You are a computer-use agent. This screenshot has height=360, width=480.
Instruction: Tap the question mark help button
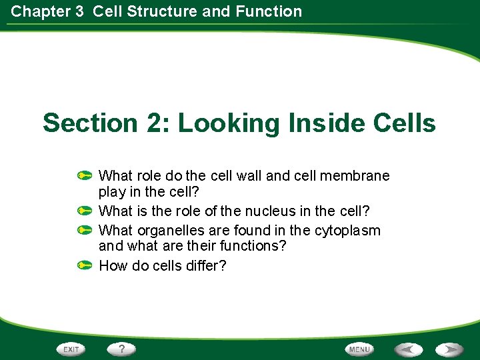click(x=122, y=349)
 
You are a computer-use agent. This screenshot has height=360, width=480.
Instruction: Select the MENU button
click(x=359, y=349)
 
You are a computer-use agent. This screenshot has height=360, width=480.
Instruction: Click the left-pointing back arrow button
click(x=407, y=349)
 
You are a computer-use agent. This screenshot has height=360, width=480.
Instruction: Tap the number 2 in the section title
click(x=149, y=123)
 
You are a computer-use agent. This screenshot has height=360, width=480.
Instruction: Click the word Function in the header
click(x=269, y=11)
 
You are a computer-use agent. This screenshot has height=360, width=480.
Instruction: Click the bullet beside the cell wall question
click(x=84, y=176)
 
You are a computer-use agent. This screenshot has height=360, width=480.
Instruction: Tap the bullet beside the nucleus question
click(x=84, y=211)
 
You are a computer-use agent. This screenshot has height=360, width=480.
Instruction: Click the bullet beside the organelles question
click(x=84, y=230)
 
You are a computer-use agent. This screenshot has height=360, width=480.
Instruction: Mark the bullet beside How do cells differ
click(x=84, y=265)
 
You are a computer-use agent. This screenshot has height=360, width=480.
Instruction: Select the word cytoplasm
click(x=347, y=231)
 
